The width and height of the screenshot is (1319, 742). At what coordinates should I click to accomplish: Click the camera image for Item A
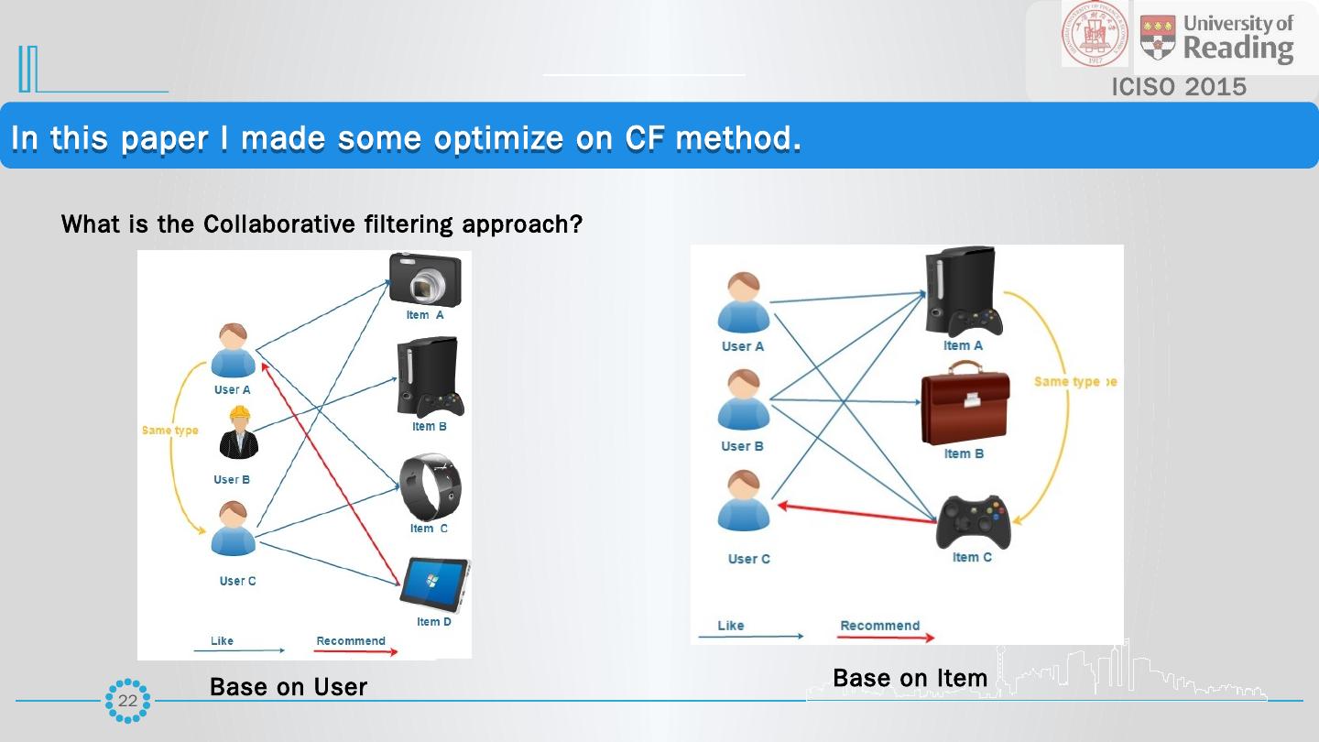(425, 280)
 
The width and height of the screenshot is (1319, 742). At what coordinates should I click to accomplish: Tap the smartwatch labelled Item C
(431, 487)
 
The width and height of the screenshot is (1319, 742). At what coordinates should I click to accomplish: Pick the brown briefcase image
(965, 402)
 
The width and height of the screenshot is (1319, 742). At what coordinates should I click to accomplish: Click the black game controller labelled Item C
(973, 522)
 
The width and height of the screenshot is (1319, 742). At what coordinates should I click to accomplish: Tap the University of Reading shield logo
(1158, 38)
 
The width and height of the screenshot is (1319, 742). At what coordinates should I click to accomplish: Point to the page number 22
(127, 701)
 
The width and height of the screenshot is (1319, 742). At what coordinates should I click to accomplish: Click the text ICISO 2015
(1179, 87)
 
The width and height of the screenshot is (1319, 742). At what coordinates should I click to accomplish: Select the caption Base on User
(288, 687)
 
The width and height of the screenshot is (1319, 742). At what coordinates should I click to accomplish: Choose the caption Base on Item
(910, 678)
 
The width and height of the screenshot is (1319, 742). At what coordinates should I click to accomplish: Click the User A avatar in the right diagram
(744, 303)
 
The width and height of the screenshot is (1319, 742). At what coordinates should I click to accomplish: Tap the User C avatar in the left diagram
(234, 529)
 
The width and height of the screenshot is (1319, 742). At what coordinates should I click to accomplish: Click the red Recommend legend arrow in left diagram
(356, 651)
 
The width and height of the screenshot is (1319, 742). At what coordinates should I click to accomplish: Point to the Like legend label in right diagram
(731, 626)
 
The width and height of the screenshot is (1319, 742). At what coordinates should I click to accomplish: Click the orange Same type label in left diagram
(169, 431)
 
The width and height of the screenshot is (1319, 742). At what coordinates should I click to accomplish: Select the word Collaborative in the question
(267, 224)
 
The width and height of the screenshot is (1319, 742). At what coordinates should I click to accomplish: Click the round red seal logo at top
(1096, 34)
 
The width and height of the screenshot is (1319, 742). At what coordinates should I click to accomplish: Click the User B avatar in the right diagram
(744, 400)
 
